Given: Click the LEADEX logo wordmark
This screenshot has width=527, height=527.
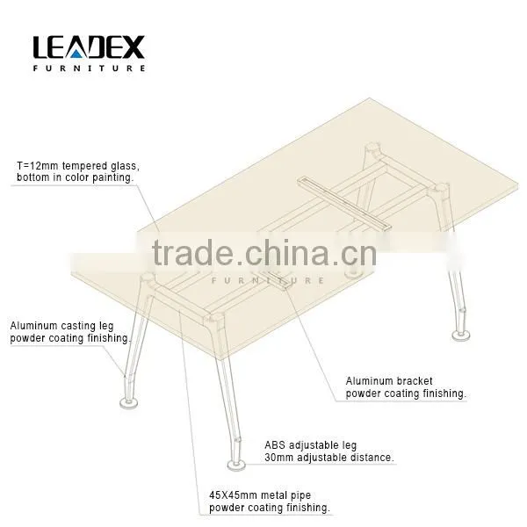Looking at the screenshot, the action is click(x=89, y=47).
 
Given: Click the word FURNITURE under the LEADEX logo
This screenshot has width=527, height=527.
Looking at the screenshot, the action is click(x=89, y=68).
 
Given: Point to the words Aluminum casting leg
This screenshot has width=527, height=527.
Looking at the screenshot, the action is click(x=61, y=326).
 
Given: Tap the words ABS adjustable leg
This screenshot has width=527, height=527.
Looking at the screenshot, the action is click(x=310, y=445).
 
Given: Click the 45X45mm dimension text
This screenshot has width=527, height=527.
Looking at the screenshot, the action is click(x=234, y=495).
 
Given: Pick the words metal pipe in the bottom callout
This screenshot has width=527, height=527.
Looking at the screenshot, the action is click(x=286, y=495).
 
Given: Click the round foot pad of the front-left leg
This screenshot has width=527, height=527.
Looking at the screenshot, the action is click(x=129, y=402).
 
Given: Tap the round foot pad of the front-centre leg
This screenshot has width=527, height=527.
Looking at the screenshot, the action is click(x=236, y=465).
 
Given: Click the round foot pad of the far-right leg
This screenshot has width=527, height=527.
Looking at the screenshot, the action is click(x=460, y=336).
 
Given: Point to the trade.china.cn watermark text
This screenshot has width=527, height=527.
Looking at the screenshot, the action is click(x=263, y=252).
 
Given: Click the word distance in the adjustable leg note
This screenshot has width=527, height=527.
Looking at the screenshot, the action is click(x=372, y=458).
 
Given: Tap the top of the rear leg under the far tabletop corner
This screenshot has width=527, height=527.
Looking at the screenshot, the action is click(x=373, y=148).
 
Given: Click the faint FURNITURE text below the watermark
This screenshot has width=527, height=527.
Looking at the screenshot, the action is click(x=268, y=280).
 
